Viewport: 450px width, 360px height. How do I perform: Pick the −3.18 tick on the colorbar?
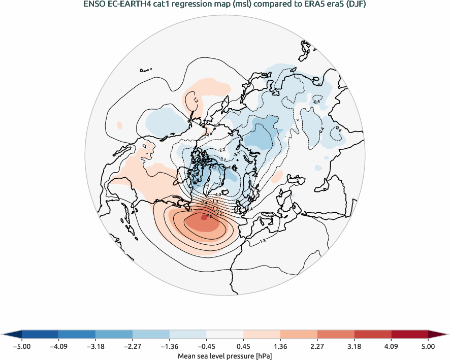click(x=95, y=347)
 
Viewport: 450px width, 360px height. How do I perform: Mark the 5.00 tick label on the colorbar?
click(x=428, y=347)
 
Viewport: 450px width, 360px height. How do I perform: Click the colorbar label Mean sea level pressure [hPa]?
click(x=224, y=356)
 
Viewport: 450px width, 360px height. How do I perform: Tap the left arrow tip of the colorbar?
click(x=3, y=334)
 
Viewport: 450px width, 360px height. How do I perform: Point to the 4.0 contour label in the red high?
click(x=209, y=216)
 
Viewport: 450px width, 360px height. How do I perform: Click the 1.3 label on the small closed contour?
click(x=195, y=101)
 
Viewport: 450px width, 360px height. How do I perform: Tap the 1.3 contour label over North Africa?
click(x=263, y=241)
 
